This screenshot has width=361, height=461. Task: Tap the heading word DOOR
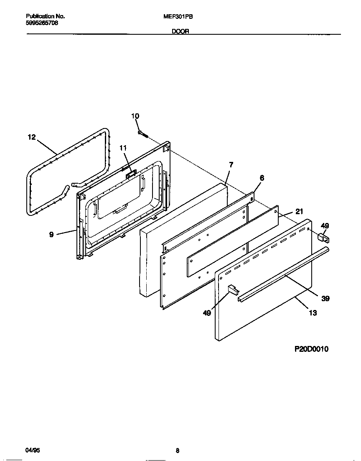pos(180,31)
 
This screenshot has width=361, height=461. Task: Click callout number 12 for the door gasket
pos(32,137)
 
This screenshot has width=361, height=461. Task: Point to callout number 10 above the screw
pos(135,116)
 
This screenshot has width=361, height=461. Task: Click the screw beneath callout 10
pos(143,133)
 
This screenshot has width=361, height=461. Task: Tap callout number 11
pos(122,148)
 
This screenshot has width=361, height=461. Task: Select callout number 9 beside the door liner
pos(51,235)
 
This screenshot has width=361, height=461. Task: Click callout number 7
pos(231,165)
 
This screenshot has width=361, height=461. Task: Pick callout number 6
pos(262,178)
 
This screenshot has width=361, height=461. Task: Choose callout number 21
pos(299,211)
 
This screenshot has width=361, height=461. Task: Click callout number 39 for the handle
pos(325,298)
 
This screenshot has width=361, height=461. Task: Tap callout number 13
pos(313,312)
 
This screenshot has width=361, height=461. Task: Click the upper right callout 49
pos(325,226)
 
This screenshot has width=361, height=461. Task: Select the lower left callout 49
pos(207,312)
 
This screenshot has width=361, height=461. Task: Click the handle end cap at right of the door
pos(323,238)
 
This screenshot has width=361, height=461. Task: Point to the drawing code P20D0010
pos(311,349)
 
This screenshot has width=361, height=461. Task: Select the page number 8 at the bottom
pos(178,451)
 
